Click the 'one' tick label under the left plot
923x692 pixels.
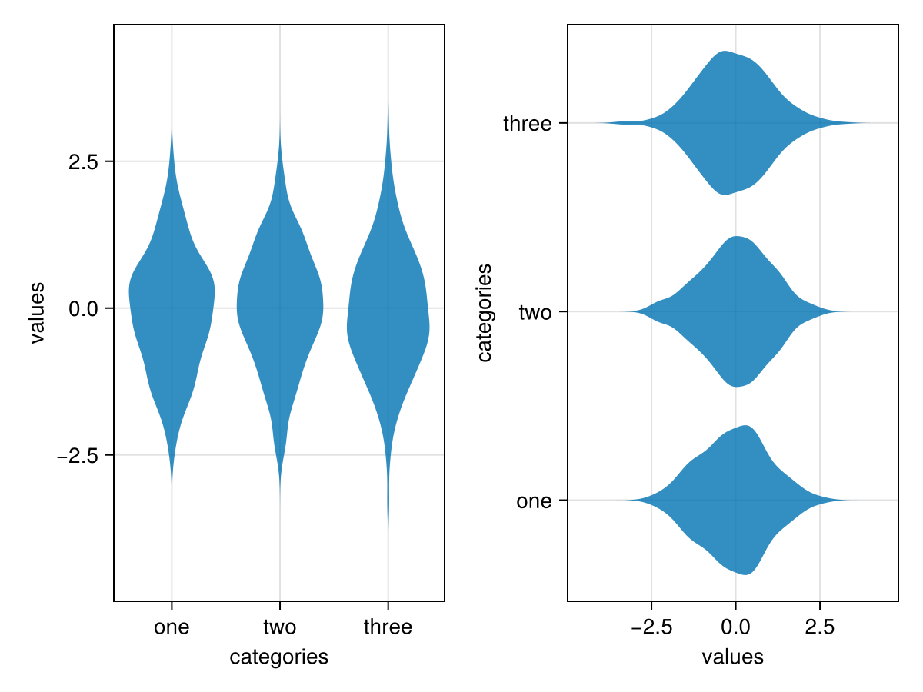(171, 627)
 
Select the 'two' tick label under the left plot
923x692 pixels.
(279, 627)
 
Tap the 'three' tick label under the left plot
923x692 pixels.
(388, 627)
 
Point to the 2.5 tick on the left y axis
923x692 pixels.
(81, 161)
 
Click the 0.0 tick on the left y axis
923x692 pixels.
(81, 308)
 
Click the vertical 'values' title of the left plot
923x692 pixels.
(36, 313)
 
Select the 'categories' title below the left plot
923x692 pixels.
(279, 657)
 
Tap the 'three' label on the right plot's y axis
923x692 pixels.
(527, 123)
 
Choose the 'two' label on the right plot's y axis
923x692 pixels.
(535, 312)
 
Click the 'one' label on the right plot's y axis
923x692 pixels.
(534, 501)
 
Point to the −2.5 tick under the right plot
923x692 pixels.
(651, 627)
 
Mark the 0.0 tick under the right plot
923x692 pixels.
(735, 627)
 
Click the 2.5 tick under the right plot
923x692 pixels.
(819, 627)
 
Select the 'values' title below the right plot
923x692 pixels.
(732, 657)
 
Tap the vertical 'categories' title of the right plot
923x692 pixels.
(484, 313)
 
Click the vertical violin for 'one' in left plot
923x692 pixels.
(171, 308)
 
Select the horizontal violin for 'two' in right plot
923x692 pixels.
(736, 311)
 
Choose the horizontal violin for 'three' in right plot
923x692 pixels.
(731, 123)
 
